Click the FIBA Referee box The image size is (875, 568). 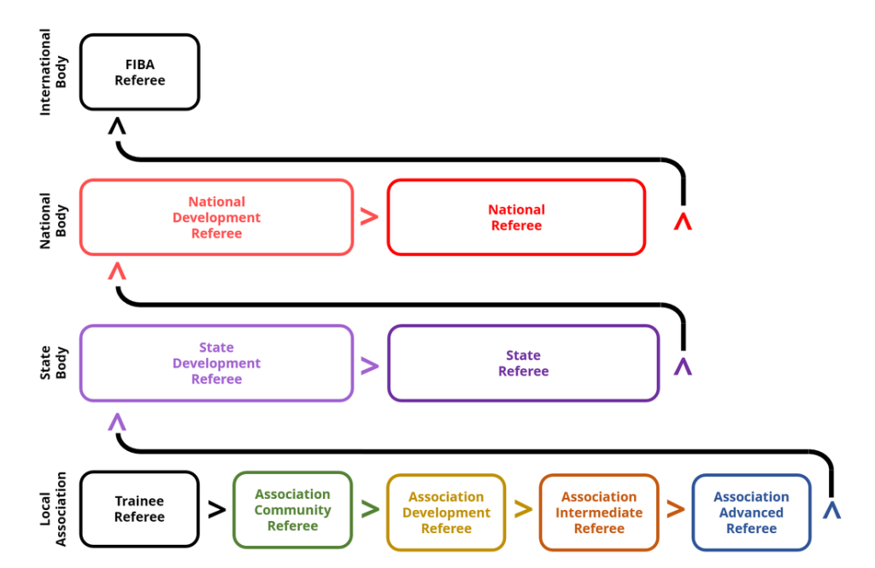139,73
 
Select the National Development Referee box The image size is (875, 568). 216,217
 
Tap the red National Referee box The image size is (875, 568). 516,217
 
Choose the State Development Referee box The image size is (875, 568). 216,363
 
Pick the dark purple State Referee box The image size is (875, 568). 523,363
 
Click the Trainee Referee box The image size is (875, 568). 139,509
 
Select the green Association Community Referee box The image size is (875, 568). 292,510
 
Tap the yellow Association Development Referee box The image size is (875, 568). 446,512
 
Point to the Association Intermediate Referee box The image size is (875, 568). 599,512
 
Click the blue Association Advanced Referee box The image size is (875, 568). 751,512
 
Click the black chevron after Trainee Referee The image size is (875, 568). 217,510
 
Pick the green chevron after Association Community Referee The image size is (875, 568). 370,510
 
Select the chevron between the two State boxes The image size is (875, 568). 369,366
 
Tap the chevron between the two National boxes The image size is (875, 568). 369,218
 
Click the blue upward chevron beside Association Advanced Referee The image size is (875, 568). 831,510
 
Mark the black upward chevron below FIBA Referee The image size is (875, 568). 118,126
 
